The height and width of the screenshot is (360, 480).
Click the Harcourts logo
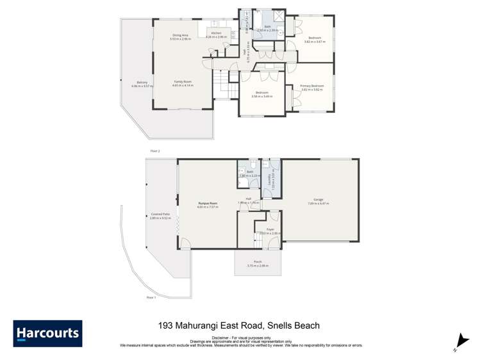47,334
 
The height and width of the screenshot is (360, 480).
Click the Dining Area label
180,35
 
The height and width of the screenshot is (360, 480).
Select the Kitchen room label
216,33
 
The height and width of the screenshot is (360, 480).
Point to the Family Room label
183,81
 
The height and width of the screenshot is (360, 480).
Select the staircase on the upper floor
222,81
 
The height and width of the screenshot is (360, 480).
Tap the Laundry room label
272,181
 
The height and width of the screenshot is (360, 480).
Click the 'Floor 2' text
154,151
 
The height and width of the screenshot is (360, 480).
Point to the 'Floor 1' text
151,298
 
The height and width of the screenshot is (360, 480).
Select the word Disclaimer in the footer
215,336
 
